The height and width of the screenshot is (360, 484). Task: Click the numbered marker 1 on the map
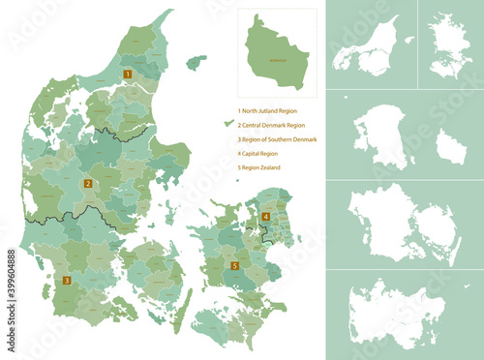(x=126, y=73)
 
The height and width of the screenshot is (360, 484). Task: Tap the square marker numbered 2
(x=88, y=182)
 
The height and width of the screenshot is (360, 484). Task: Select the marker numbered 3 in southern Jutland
(x=67, y=282)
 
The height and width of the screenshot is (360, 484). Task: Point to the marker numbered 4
(x=265, y=216)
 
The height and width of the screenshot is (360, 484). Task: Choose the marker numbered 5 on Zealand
(x=234, y=264)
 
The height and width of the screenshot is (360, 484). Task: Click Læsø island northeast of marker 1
(x=196, y=63)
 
